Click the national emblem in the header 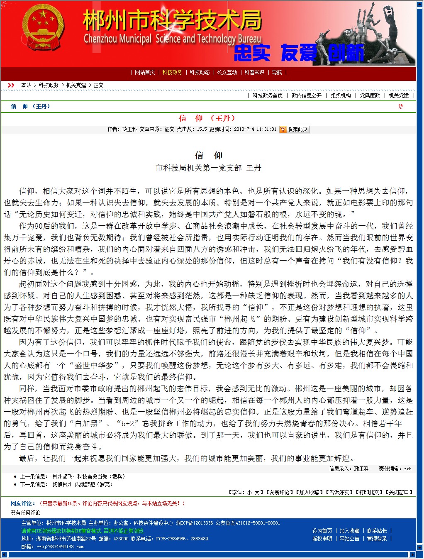coord(43,33)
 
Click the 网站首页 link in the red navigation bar coord(145,72)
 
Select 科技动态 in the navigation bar coord(200,72)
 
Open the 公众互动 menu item coord(227,72)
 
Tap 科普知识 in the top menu coord(254,72)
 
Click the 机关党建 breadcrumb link coord(76,85)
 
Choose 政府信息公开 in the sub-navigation coord(307,95)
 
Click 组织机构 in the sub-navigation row coord(341,95)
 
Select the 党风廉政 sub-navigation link coord(370,95)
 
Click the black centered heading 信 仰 coord(209,156)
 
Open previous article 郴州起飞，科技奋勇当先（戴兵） coord(89,476)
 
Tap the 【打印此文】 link coord(370,492)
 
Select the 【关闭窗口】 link coord(400,492)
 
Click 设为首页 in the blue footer coord(322,531)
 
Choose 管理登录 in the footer coord(377,539)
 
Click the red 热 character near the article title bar coord(401,106)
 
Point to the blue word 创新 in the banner coord(346,53)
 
